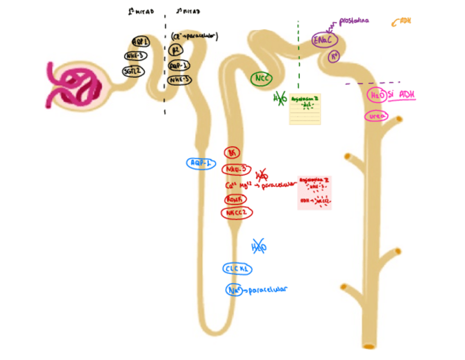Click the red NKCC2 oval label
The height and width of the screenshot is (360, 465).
click(237, 213)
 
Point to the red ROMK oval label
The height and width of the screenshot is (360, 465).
click(236, 199)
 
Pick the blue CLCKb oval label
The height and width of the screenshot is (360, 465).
click(237, 269)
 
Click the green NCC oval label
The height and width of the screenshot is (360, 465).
click(262, 79)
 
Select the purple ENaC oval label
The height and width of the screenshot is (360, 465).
click(323, 40)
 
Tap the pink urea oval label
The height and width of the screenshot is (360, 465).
click(376, 116)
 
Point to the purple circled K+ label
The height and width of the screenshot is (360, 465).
click(334, 56)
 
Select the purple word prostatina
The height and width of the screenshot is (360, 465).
click(354, 21)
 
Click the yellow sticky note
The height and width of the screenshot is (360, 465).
click(305, 109)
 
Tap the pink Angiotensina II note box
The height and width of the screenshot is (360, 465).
click(315, 193)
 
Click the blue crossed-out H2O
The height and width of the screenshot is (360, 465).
click(258, 247)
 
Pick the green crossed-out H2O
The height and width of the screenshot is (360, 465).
click(280, 99)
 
